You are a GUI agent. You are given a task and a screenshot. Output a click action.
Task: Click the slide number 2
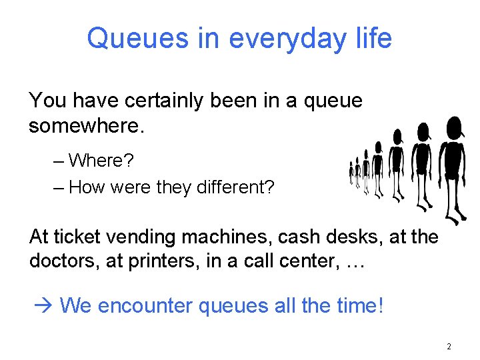coord(449,347)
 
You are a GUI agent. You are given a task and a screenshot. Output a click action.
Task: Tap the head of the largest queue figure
coord(454,127)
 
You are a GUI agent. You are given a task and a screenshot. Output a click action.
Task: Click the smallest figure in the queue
coord(351,173)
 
